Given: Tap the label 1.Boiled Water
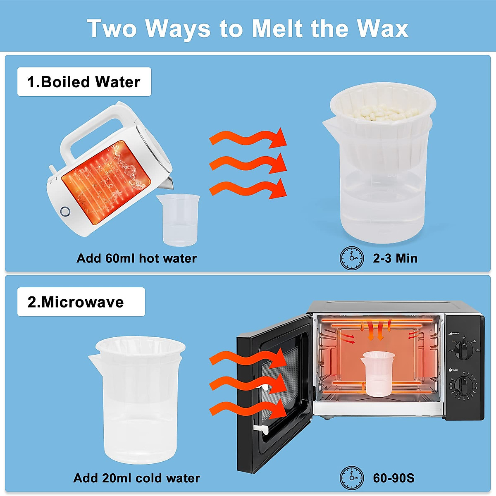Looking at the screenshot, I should tap(84, 82).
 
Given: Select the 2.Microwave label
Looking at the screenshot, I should tap(76, 302).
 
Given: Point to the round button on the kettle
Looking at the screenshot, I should tap(65, 212).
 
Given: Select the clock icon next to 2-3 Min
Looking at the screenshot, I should tap(352, 258).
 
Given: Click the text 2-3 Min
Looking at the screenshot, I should tap(395, 258).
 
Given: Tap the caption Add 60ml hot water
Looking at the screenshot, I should tap(136, 258).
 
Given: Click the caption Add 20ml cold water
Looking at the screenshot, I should tap(136, 478).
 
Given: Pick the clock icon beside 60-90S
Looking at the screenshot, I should tap(352, 478).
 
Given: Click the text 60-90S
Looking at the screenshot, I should tap(393, 478).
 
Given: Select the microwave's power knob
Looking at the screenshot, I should tap(464, 350).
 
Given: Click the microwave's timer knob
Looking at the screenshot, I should tap(463, 386).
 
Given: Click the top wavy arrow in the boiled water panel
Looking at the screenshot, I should tap(248, 138).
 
